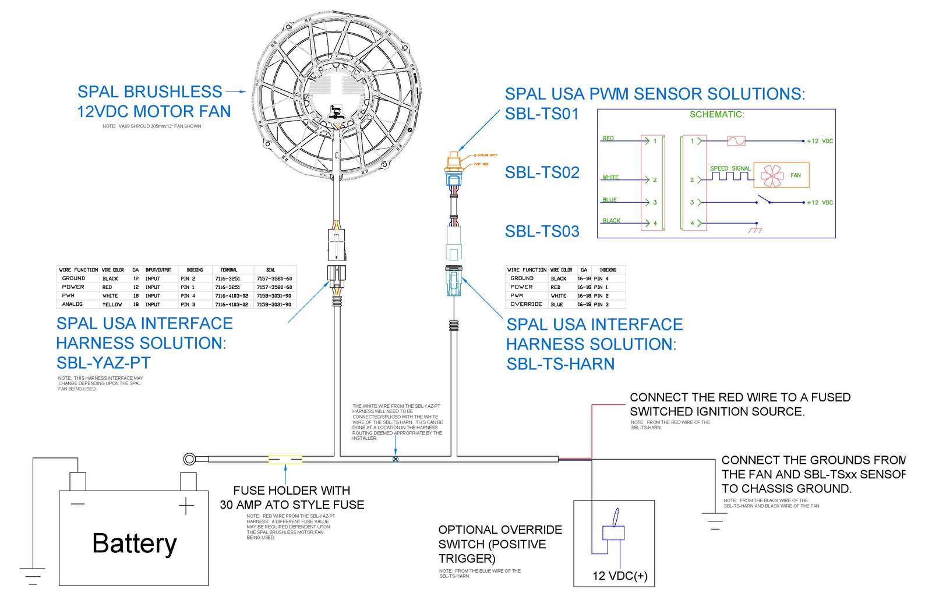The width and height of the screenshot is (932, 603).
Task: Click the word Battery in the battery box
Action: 134,543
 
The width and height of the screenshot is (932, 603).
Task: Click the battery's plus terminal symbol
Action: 186,506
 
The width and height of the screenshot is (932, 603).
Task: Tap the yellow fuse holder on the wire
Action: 285,460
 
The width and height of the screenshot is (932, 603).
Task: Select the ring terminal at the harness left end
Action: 189,459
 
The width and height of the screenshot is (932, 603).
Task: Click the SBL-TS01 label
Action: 542,114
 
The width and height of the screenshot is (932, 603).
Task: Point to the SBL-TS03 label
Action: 542,231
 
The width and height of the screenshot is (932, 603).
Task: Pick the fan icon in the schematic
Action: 772,175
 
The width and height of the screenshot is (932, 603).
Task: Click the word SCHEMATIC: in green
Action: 716,114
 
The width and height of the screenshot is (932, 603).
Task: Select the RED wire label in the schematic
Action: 608,138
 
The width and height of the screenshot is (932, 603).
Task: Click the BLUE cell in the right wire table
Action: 557,304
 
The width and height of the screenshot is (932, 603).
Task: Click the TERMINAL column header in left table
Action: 228,270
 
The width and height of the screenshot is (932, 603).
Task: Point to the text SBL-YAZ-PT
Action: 103,363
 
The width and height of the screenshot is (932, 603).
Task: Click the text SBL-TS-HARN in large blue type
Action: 560,364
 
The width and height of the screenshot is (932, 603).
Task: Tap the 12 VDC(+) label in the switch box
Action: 620,576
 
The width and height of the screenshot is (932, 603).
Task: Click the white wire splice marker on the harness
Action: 396,459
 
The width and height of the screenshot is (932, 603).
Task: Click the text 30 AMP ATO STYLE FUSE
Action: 292,505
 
